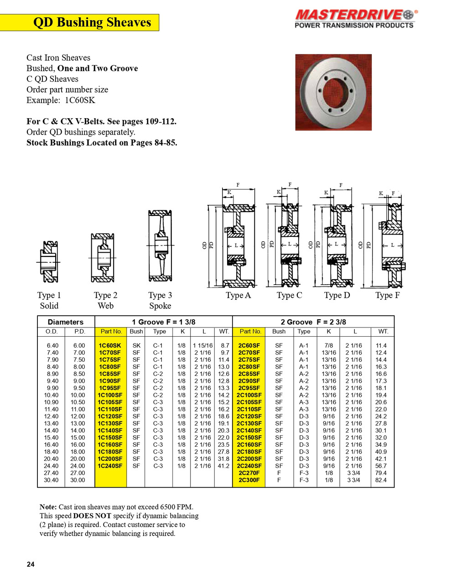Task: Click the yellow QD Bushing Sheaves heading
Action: tap(92, 22)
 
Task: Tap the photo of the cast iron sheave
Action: tap(333, 92)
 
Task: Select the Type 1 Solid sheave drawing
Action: tap(48, 261)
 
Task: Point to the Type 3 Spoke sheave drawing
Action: tap(160, 246)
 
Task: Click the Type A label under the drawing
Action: tap(238, 295)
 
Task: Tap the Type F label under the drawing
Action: tap(387, 295)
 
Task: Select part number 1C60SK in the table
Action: tap(110, 346)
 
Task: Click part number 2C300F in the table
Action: tap(249, 480)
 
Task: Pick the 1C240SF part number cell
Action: tap(110, 466)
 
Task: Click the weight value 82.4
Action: tap(381, 480)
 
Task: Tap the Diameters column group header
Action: tap(66, 322)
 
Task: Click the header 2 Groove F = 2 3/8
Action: tap(313, 322)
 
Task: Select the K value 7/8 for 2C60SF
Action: tap(329, 346)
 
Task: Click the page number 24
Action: tap(31, 564)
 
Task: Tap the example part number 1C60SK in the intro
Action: tap(80, 100)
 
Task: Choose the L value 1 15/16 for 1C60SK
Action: tap(202, 346)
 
